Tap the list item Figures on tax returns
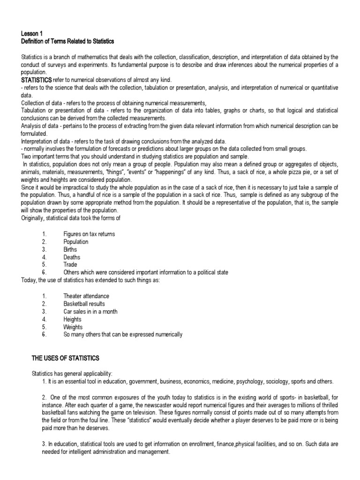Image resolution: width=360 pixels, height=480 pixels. (x=89, y=234)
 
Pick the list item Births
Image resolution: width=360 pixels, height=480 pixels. (x=71, y=249)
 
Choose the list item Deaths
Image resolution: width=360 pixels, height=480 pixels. (x=72, y=257)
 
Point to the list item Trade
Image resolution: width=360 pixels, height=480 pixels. (x=70, y=265)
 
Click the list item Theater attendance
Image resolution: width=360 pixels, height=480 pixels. (x=86, y=296)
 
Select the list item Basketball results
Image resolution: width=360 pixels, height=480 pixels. (x=84, y=304)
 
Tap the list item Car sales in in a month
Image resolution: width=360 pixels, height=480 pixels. (x=90, y=312)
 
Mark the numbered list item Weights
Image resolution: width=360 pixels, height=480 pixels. (x=73, y=327)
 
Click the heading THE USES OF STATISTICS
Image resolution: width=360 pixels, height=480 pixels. (x=65, y=359)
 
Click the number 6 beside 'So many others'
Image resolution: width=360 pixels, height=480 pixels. (x=44, y=335)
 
